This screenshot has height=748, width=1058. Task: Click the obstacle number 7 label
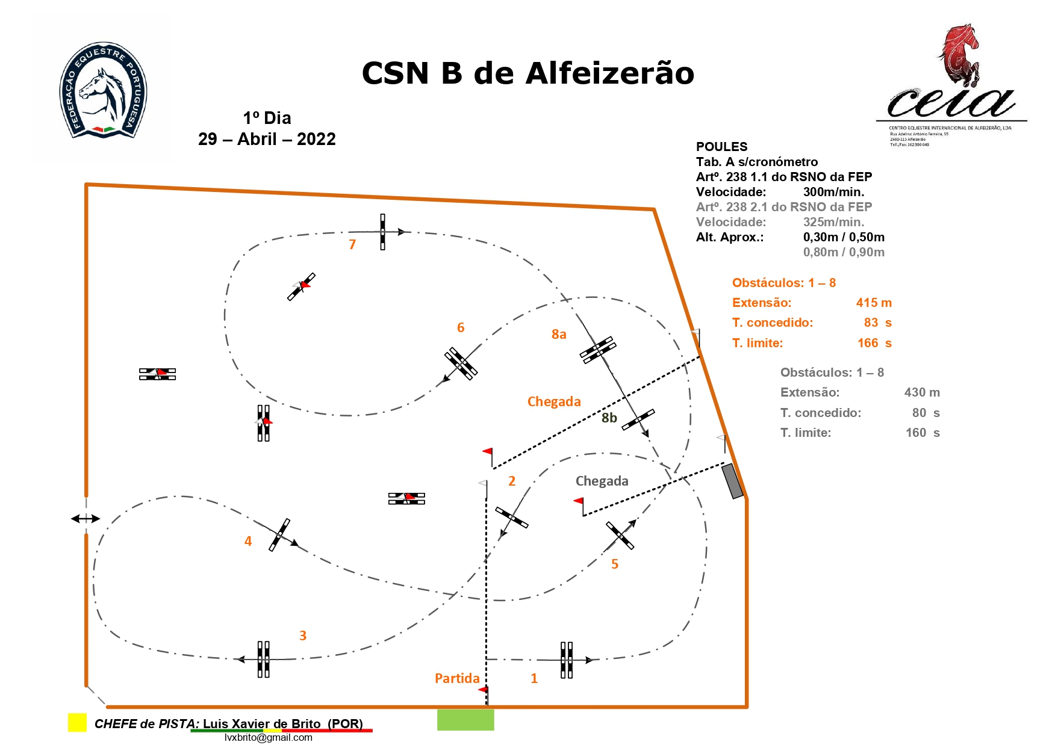pos(352,244)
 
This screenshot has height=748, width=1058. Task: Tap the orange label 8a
pos(559,335)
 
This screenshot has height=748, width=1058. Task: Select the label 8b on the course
pos(609,418)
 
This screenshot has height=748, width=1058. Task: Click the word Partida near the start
pos(457,678)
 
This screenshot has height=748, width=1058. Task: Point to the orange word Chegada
pos(554,401)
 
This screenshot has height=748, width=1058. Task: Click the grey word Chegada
pos(602,481)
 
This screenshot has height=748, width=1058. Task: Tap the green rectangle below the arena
pos(465,720)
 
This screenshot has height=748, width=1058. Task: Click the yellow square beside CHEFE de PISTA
pos(77,722)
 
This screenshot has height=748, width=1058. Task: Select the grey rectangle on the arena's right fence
pos(732,481)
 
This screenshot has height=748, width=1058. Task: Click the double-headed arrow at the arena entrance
pos(86,518)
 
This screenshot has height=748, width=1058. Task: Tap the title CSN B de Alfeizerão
pos(527,73)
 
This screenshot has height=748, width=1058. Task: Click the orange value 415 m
pos(874,303)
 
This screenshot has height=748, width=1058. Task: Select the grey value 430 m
pos(921,392)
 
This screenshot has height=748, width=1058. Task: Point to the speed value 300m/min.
pos(833,192)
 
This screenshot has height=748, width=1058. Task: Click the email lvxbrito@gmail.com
pos(268,737)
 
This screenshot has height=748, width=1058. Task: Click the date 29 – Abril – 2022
pos(267,139)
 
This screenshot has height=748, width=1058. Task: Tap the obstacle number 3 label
pos(303,635)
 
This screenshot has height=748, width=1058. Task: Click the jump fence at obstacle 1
pos(567,660)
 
